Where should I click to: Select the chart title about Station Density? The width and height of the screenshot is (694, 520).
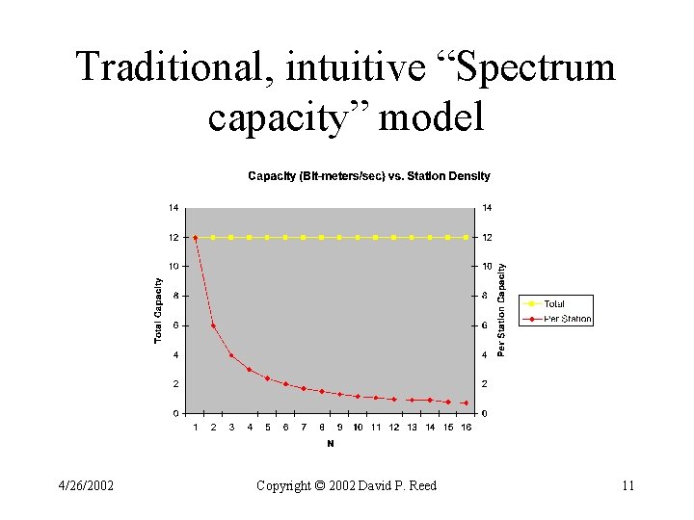point(369,176)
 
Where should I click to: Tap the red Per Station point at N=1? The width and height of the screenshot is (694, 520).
point(196,238)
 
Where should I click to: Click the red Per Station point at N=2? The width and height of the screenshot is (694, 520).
point(213,325)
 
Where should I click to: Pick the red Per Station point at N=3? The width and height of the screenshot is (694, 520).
point(231,355)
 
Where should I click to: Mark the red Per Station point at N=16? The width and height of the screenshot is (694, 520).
point(466,403)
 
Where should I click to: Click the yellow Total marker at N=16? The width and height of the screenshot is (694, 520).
point(466,237)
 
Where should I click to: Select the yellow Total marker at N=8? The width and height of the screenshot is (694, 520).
point(322,237)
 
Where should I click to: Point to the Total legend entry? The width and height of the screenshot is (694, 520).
point(554,304)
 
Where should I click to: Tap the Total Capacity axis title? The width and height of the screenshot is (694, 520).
point(158,310)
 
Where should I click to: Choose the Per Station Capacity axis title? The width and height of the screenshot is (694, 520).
point(501,310)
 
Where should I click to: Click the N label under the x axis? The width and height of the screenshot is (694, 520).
point(331,444)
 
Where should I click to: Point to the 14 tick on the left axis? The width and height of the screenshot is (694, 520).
point(173,207)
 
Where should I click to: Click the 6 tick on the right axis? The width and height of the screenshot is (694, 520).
point(487,325)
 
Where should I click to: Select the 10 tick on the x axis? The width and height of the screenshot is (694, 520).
point(358,428)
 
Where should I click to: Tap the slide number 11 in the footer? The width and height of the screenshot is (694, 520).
point(627,486)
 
